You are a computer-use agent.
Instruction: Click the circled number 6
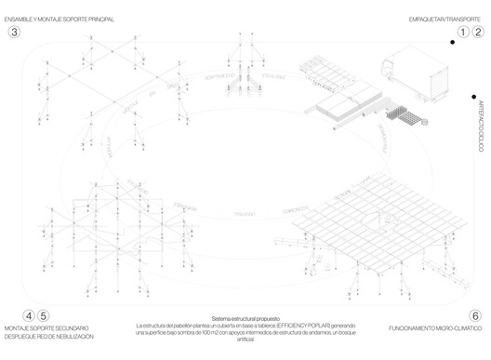(475, 315)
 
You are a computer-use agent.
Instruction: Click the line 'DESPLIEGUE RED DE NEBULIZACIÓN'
(48, 336)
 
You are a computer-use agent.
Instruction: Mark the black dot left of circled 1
(451, 41)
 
